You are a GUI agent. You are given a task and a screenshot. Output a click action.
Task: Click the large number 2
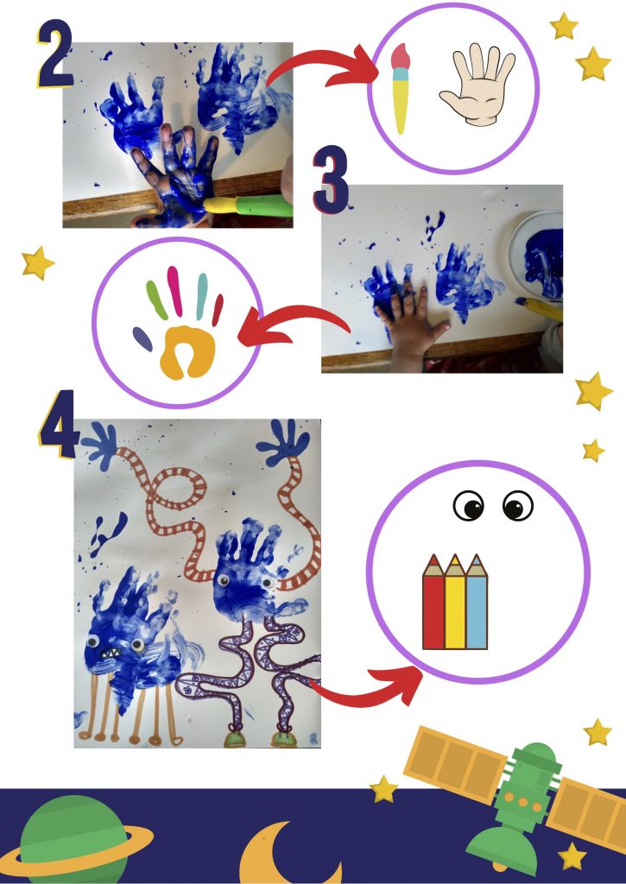(x=54, y=54)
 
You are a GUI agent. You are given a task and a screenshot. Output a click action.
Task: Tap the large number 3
(x=331, y=180)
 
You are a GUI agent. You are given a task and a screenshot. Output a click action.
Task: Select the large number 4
(x=58, y=424)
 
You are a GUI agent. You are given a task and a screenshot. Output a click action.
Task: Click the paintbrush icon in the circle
(x=400, y=89)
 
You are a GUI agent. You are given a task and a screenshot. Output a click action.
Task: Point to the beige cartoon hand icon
(x=477, y=84)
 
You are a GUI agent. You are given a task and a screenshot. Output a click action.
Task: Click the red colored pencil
(x=433, y=602)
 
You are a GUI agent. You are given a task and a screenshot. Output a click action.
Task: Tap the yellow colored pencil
(x=455, y=602)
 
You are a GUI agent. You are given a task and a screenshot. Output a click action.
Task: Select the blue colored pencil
(x=477, y=602)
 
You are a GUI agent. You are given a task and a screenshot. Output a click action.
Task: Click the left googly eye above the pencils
(x=469, y=506)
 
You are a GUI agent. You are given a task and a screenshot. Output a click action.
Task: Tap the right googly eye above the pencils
(x=518, y=506)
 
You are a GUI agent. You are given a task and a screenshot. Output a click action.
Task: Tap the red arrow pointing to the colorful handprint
(x=294, y=321)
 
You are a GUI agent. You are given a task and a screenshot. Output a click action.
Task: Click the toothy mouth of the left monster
(x=111, y=653)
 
